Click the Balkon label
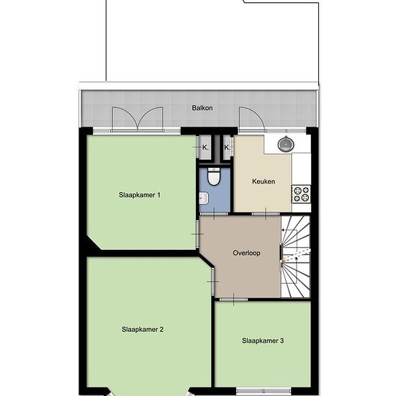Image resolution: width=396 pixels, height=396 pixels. click(202, 108)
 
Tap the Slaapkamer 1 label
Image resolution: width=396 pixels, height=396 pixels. click(140, 195)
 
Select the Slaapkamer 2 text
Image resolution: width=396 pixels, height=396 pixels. click(143, 329)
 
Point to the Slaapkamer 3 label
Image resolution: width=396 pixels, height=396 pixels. click(263, 341)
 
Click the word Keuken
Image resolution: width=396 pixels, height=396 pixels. click(264, 181)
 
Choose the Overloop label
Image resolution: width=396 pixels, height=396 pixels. click(246, 253)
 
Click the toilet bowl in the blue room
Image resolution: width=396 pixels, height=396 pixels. click(214, 176)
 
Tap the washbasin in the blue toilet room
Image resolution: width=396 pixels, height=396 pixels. click(204, 198)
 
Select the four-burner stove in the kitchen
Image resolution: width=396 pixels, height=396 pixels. click(301, 194)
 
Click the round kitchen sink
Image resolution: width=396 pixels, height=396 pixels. click(286, 144)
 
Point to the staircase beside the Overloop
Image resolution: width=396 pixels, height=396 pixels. click(295, 256)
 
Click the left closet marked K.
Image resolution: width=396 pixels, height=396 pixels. click(204, 148)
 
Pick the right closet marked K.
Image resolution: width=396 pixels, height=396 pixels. click(227, 148)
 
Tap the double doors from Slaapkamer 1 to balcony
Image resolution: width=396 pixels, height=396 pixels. click(138, 120)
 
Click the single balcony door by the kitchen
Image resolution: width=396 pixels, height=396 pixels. click(252, 120)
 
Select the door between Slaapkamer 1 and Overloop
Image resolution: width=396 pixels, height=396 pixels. click(197, 234)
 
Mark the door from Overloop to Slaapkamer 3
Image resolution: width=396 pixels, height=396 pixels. click(233, 300)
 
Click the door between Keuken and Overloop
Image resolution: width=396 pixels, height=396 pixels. click(266, 214)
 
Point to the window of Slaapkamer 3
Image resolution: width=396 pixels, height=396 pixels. click(264, 391)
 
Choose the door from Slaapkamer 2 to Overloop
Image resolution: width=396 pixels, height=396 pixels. click(213, 282)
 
